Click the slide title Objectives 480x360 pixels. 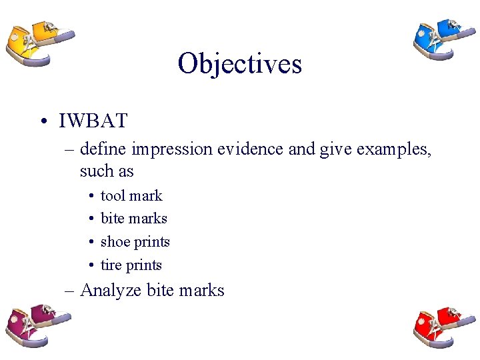coord(239,63)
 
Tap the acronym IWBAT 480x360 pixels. coord(93,121)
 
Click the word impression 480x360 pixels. coord(173,149)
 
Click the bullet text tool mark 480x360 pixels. coord(131,195)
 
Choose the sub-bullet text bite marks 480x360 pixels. coord(133,218)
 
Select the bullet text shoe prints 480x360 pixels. coord(135,241)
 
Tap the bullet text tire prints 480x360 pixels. coord(131,265)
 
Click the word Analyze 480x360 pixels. coord(111,291)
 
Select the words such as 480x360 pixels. coord(107,171)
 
